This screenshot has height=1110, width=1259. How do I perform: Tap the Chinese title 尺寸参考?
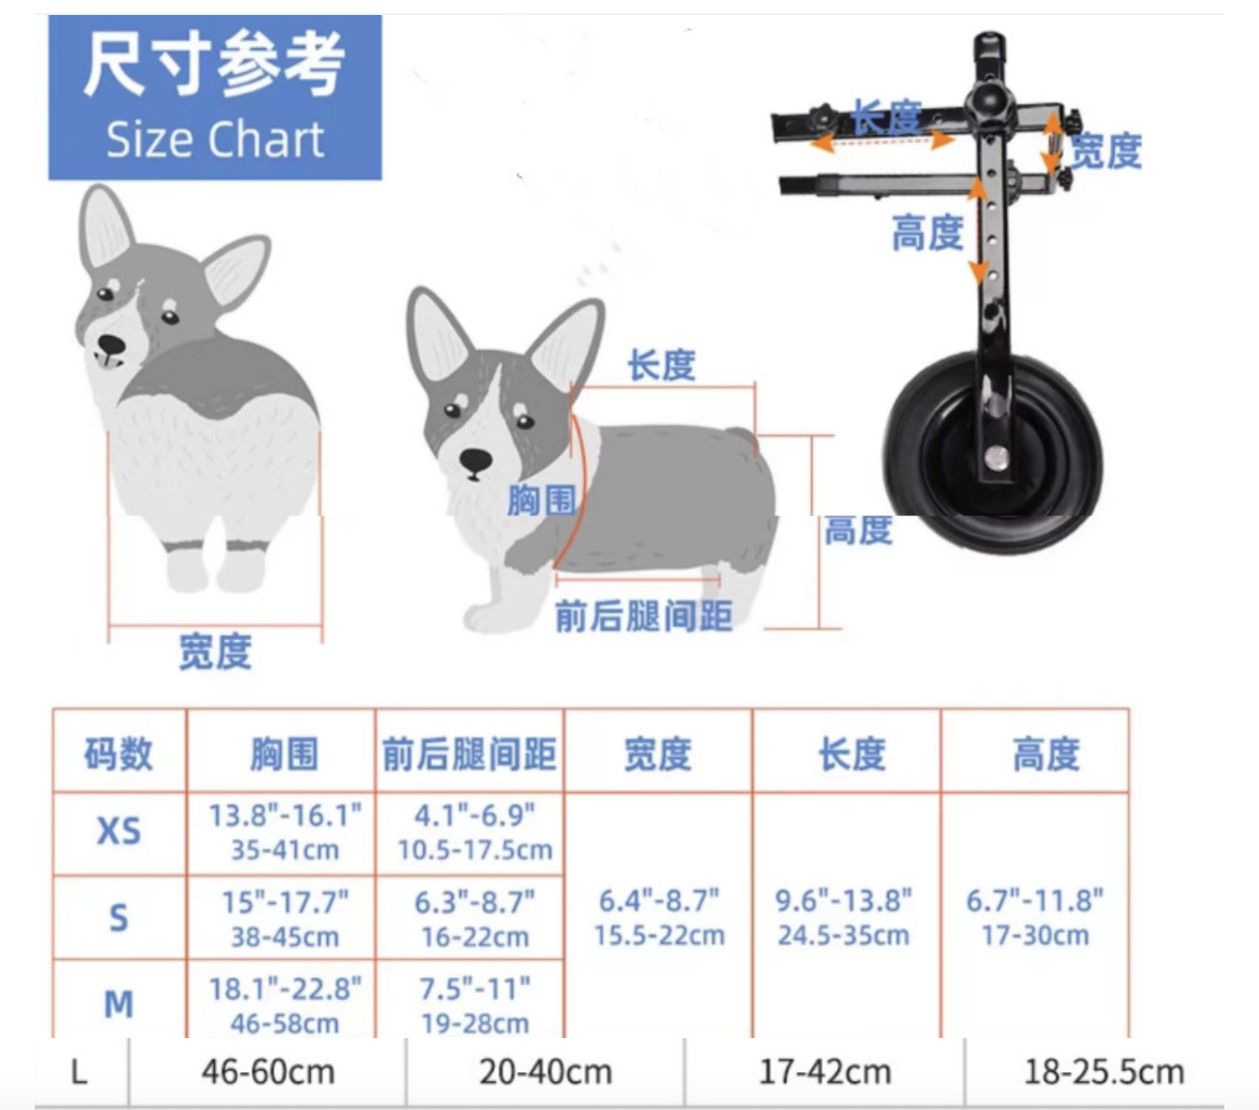pyautogui.click(x=214, y=64)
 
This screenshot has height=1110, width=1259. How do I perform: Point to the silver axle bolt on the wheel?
pyautogui.click(x=997, y=459)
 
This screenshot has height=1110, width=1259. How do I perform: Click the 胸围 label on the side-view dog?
pyautogui.click(x=541, y=500)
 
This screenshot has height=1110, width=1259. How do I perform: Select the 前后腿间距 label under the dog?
pyautogui.click(x=644, y=616)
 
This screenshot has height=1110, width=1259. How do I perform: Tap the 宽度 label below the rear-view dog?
pyautogui.click(x=215, y=652)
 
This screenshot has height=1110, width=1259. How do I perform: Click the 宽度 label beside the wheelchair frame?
pyautogui.click(x=1106, y=151)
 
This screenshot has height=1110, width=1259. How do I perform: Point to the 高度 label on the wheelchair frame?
pyautogui.click(x=928, y=233)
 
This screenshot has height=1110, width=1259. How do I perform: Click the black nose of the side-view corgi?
pyautogui.click(x=475, y=461)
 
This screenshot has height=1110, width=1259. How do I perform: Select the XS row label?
pyautogui.click(x=119, y=831)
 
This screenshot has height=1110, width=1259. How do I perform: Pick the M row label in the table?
pyautogui.click(x=119, y=1003)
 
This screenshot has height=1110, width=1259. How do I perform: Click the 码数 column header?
pyautogui.click(x=119, y=754)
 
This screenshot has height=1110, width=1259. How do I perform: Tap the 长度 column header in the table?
pyautogui.click(x=852, y=754)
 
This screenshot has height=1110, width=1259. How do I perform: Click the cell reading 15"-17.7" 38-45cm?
pyautogui.click(x=285, y=919)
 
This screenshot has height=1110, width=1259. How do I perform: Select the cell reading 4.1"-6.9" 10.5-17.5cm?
pyautogui.click(x=475, y=832)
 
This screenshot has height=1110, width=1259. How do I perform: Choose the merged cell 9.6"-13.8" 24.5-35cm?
pyautogui.click(x=843, y=918)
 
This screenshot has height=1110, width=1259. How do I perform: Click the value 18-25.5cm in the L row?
pyautogui.click(x=1104, y=1071)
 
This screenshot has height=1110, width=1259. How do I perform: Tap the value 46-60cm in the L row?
pyautogui.click(x=268, y=1071)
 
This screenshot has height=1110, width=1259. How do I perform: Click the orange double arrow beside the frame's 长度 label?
pyautogui.click(x=883, y=142)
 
